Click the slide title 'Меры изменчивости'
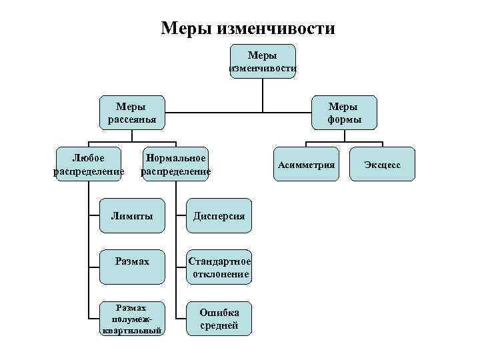pos(248,28)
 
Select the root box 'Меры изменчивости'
pos(262,61)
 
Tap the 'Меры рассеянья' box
pos(131,113)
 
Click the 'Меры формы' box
pos(344,113)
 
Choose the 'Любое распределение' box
pos(88,164)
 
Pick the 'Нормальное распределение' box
pos(175,164)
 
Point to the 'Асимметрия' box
pos(306,164)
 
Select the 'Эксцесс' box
pos(382,164)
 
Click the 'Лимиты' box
pos(131,216)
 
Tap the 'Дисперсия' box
pos(219,216)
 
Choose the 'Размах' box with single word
pos(131,261)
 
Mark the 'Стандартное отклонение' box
pos(219,267)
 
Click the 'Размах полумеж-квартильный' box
pos(131,319)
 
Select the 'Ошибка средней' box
pos(219,319)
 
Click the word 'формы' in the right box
pos(344,120)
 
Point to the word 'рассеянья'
pos(131,120)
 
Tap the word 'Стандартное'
pos(220,261)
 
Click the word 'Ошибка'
pos(219,313)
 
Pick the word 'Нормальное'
pos(175,158)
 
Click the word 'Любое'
pos(88,158)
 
